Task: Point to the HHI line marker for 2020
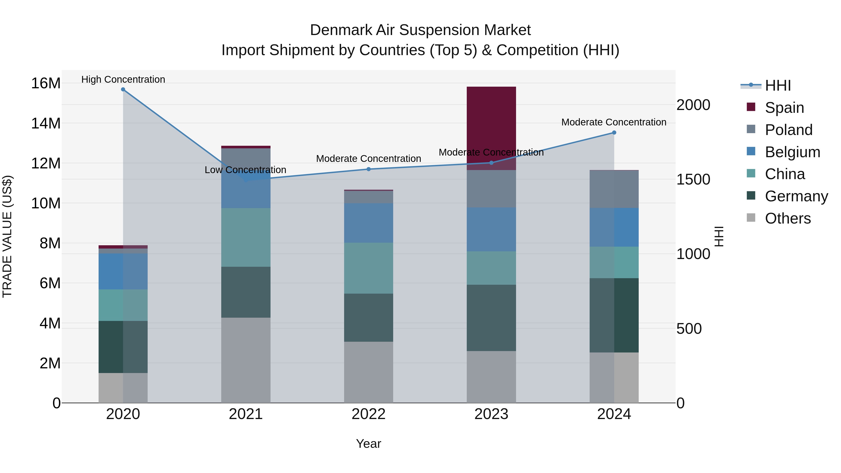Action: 123,89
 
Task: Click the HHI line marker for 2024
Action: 614,132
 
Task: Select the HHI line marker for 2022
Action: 369,169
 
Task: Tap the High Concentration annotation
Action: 123,79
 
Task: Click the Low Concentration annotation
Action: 245,170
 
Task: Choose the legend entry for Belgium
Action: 792,152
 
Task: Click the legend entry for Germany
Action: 796,196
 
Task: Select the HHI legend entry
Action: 777,85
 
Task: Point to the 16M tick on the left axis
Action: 46,83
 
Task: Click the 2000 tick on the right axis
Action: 693,105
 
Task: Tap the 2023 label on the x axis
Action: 491,414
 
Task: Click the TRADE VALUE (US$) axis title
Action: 7,236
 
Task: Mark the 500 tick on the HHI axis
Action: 689,329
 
